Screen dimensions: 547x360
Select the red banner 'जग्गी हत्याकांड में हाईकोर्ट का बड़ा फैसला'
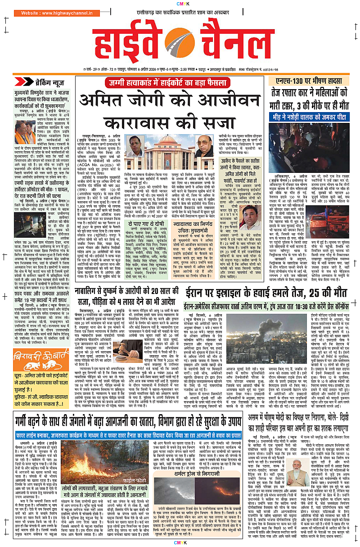pyautogui.click(x=179, y=82)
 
